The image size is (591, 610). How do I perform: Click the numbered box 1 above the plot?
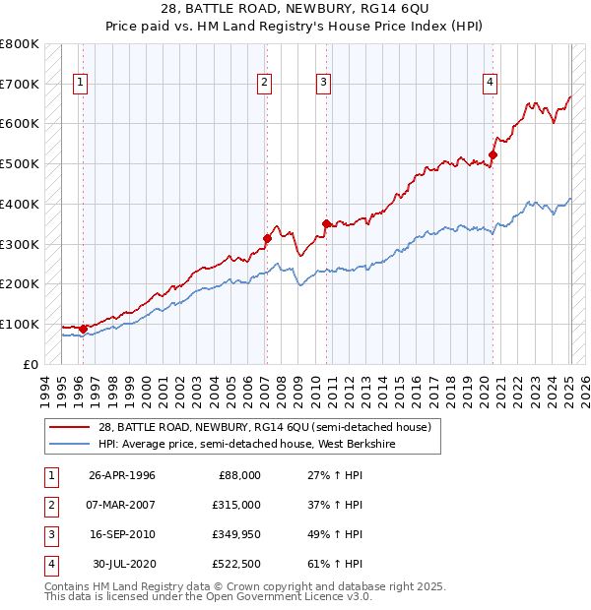click(x=79, y=84)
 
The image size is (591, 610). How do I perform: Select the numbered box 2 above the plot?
click(x=265, y=84)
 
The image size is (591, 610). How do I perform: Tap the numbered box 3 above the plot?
click(x=324, y=84)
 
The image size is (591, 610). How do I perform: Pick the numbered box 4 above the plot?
click(x=490, y=84)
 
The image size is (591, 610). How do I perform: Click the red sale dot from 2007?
click(x=267, y=237)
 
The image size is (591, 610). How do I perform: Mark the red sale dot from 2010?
click(x=326, y=223)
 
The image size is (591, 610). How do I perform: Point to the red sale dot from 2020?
click(x=493, y=154)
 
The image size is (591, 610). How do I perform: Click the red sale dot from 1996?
click(x=83, y=329)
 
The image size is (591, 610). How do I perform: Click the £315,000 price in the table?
click(x=236, y=505)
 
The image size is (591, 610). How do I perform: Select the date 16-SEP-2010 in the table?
click(x=122, y=534)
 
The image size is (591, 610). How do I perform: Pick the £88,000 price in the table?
click(x=239, y=475)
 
